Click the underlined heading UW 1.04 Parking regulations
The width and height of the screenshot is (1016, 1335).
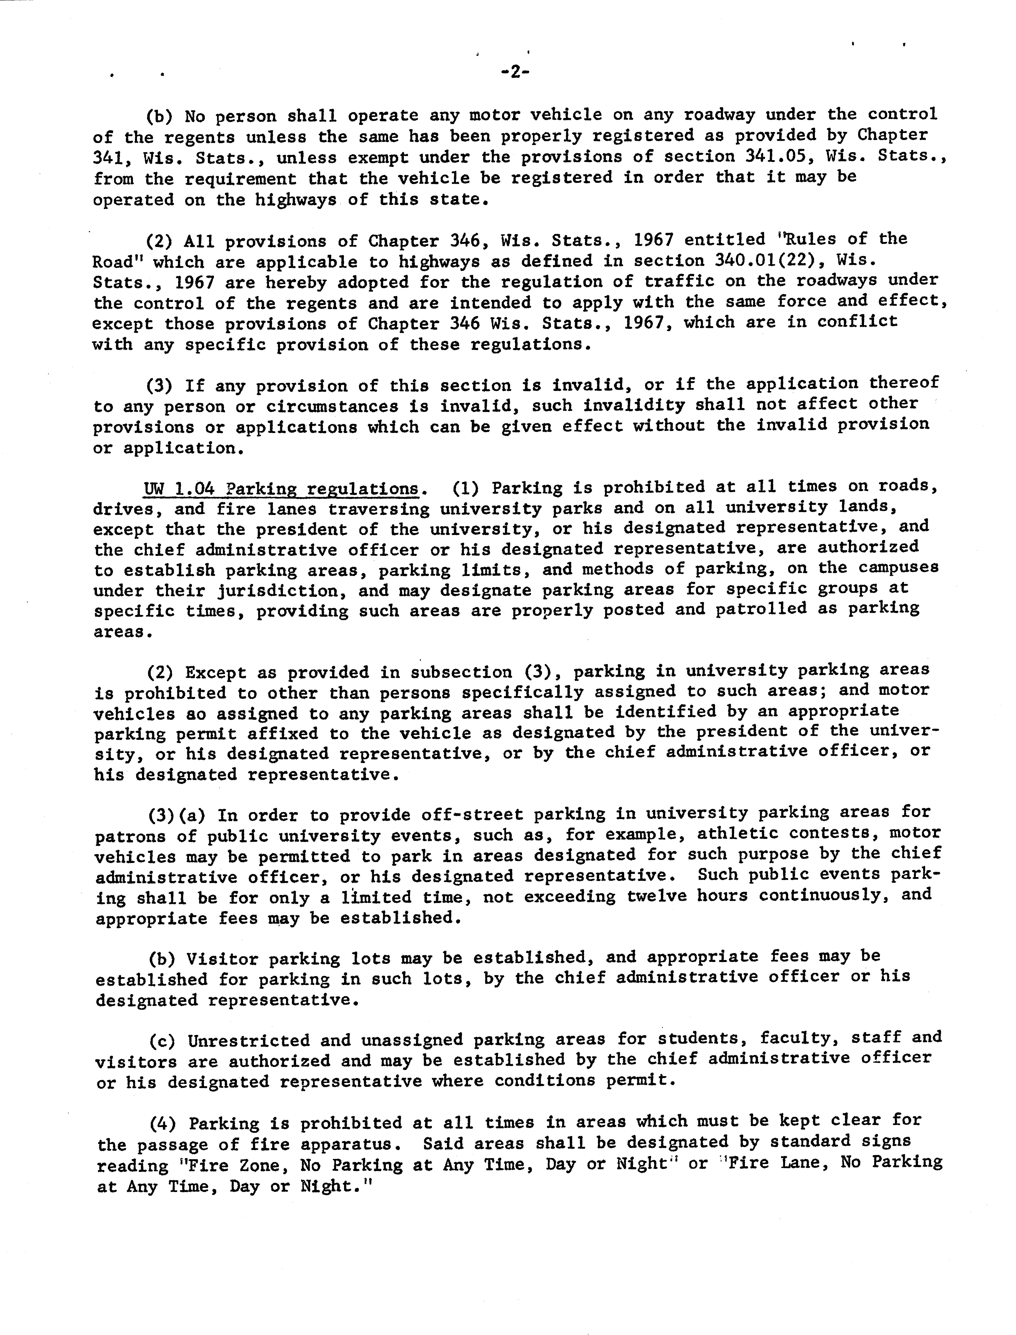click(x=281, y=489)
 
